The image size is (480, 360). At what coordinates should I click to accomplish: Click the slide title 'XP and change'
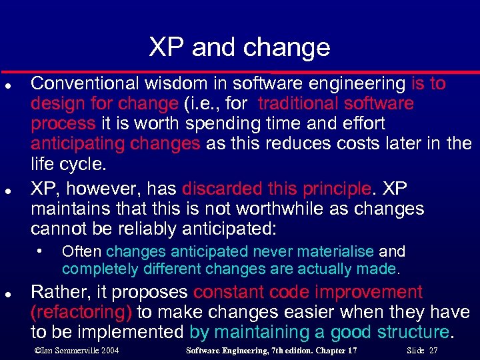(239, 47)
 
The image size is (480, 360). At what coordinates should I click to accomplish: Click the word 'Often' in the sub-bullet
(82, 252)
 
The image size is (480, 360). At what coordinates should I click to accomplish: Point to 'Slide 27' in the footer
(422, 350)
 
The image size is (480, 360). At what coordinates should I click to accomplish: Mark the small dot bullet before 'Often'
(41, 251)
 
